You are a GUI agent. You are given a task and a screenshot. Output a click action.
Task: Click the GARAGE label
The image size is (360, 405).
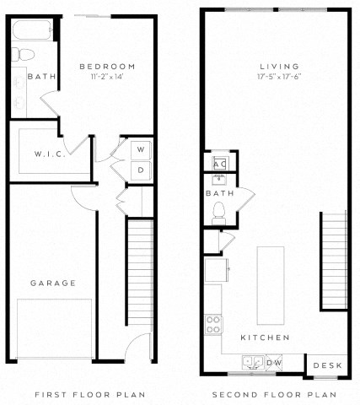[x=54, y=283]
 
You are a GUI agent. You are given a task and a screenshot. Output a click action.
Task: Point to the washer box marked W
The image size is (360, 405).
[x=139, y=150]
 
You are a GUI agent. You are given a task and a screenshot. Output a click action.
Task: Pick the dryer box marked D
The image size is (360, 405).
[x=139, y=169]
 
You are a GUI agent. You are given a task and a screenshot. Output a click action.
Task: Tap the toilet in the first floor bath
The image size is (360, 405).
[x=24, y=55]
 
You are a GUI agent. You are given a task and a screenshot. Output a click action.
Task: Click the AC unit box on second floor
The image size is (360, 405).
[x=220, y=161]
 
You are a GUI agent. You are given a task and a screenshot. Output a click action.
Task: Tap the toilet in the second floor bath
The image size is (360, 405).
[x=221, y=210]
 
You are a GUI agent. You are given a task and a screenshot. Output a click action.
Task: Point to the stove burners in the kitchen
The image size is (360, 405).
[x=212, y=323]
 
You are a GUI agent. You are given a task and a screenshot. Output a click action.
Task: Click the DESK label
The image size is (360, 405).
[x=326, y=365]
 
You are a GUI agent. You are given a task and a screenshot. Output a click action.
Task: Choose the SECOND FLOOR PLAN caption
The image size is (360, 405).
[x=273, y=394]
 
